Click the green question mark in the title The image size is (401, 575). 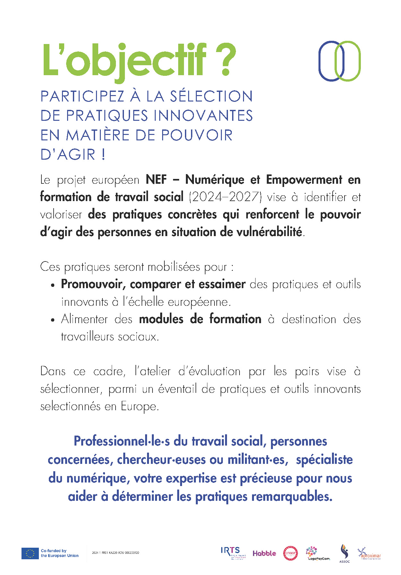(226, 60)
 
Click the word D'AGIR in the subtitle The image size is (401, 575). (68, 155)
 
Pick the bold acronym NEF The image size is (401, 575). (156, 180)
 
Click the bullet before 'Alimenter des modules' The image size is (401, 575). (52, 320)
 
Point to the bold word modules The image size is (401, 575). (161, 319)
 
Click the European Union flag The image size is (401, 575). (30, 553)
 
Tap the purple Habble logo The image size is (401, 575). (264, 553)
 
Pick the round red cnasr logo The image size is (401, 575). (290, 553)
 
